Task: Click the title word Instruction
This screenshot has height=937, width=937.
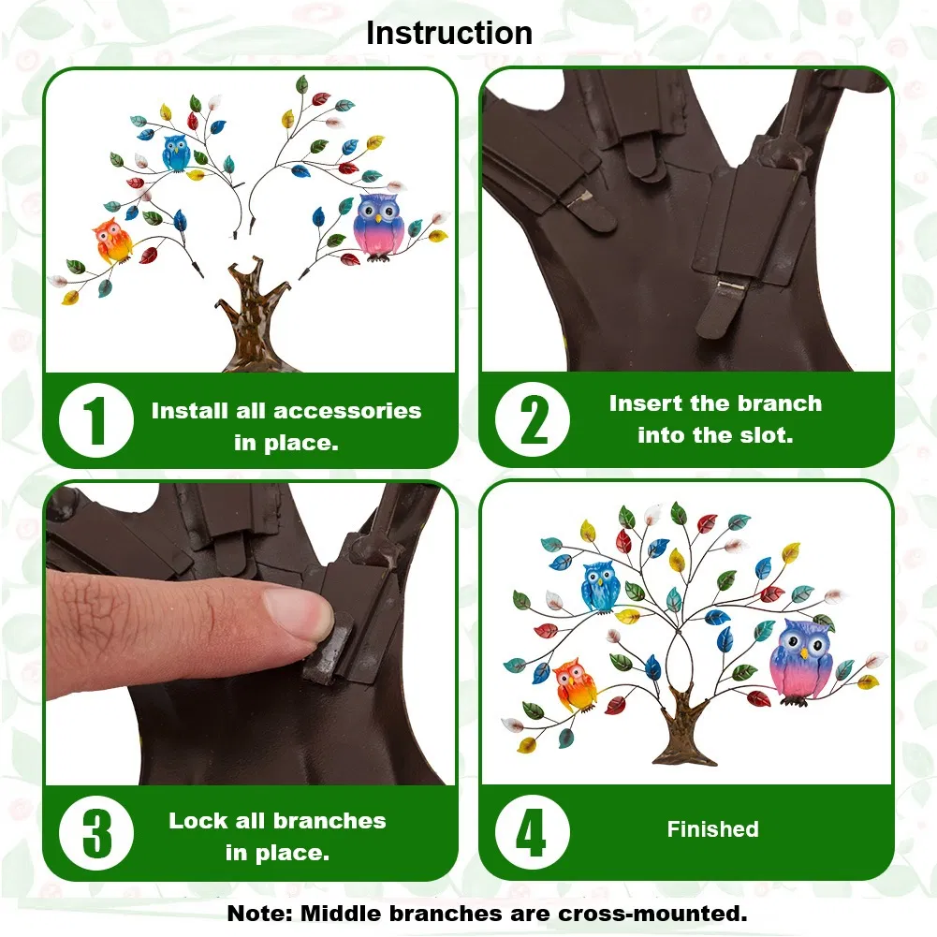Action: click(448, 33)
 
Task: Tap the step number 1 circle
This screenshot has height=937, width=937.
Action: click(96, 420)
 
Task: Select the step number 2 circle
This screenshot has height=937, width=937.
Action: click(533, 420)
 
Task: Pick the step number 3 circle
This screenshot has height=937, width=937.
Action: click(96, 833)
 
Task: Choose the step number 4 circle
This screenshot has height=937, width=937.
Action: click(533, 832)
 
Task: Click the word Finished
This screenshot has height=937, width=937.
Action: click(713, 829)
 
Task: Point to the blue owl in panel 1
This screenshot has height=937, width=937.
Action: click(176, 153)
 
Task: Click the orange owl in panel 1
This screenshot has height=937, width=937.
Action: click(112, 241)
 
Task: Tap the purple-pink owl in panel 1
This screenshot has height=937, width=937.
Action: click(379, 227)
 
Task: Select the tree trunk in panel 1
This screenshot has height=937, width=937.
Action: click(248, 316)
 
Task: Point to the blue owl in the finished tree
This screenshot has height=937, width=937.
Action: click(599, 587)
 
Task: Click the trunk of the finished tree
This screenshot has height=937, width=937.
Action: click(682, 728)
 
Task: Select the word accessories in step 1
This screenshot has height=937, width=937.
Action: click(348, 411)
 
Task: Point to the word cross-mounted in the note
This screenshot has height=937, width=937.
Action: click(652, 914)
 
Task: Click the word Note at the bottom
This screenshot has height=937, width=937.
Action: click(260, 914)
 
